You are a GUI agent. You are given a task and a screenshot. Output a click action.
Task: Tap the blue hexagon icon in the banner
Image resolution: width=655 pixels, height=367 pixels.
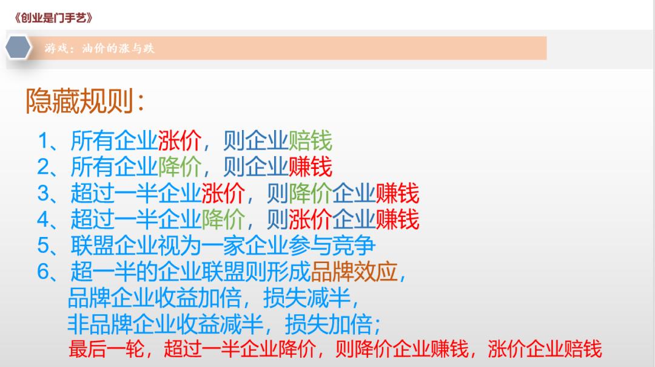pyautogui.click(x=19, y=48)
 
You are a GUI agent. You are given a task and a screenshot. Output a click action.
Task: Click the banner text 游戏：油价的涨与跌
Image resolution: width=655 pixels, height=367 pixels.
pyautogui.click(x=99, y=49)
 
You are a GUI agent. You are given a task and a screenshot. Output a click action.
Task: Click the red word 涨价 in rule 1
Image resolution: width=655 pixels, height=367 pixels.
pyautogui.click(x=180, y=142)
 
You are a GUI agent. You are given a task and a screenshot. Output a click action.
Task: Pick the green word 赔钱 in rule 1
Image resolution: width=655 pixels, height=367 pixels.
pyautogui.click(x=311, y=142)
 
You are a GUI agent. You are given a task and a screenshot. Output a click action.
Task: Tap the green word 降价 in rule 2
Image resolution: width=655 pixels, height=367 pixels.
pyautogui.click(x=180, y=167)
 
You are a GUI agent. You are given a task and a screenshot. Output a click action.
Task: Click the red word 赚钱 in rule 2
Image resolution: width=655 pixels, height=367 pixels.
pyautogui.click(x=311, y=167)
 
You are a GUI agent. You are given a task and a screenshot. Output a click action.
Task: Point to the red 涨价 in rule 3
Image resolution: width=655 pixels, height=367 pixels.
pyautogui.click(x=223, y=194)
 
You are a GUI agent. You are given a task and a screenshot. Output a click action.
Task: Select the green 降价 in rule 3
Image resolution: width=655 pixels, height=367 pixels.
pyautogui.click(x=311, y=194)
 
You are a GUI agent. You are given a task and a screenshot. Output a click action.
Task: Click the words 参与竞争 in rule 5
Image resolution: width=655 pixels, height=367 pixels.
pyautogui.click(x=332, y=246)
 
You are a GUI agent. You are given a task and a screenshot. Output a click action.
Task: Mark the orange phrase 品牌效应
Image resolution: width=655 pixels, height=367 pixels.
pyautogui.click(x=354, y=272)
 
